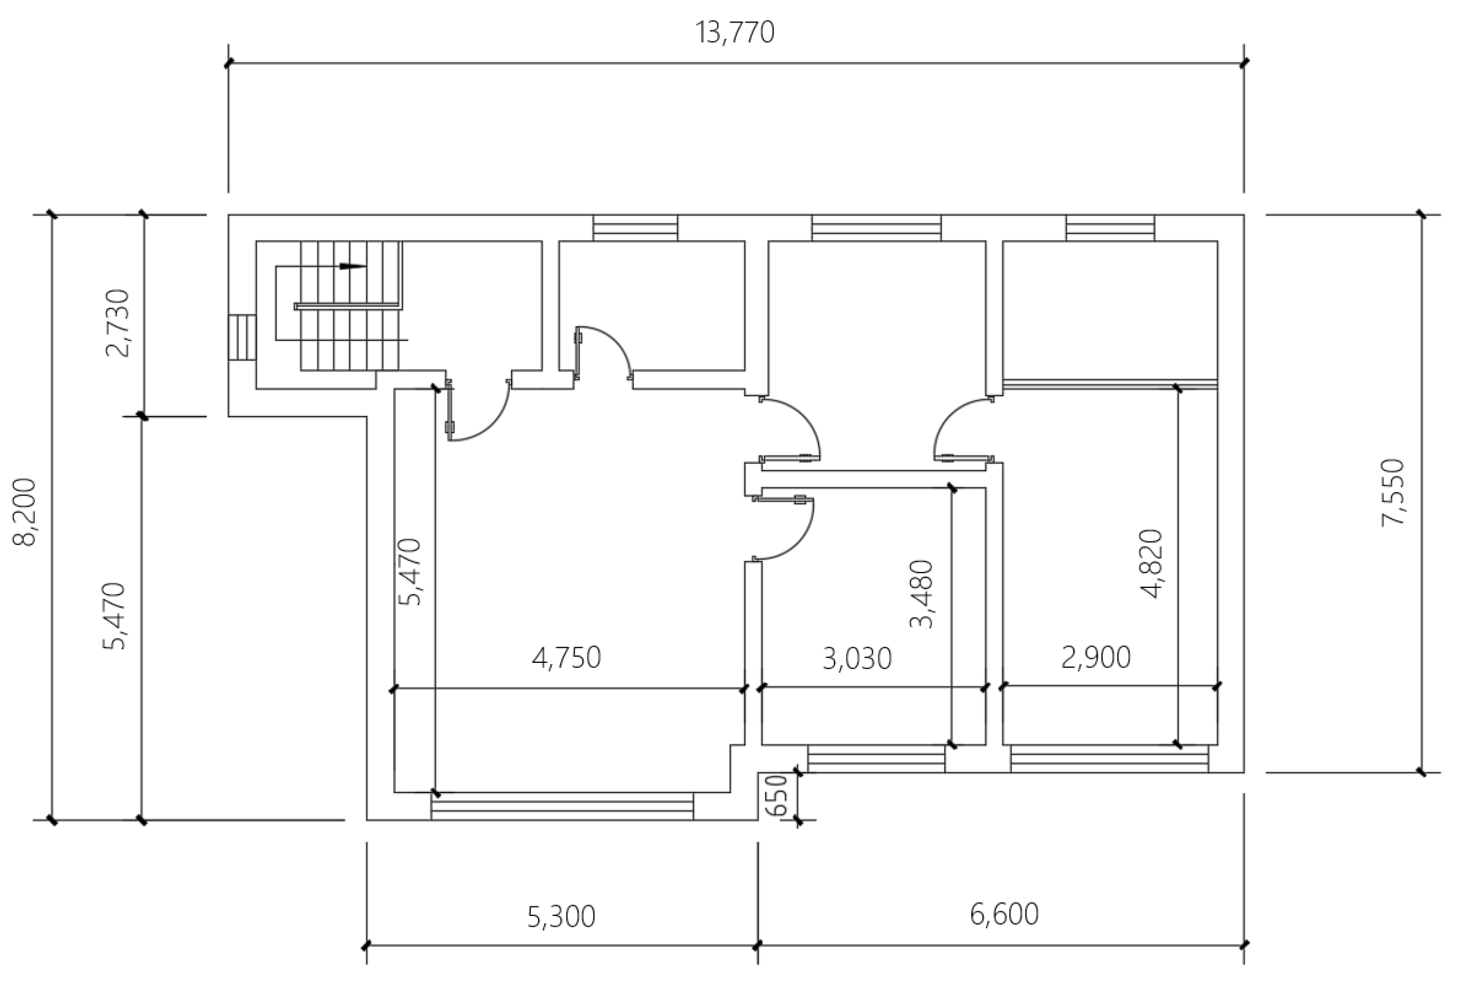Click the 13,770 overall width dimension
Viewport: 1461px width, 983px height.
[735, 33]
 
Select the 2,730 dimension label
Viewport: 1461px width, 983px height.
[118, 323]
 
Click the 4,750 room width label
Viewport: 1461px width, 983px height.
[566, 658]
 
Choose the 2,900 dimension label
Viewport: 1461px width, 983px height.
[1096, 658]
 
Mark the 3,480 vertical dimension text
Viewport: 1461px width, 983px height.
[922, 594]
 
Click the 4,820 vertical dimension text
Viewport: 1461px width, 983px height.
[1152, 564]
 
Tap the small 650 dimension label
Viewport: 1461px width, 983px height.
[778, 795]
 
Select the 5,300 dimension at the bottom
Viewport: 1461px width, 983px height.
[561, 916]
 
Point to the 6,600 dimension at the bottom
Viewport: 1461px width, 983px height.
[1004, 914]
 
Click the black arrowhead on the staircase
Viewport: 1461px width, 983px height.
[353, 267]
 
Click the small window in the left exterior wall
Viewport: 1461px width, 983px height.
[242, 337]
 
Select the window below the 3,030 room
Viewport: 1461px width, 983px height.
[876, 759]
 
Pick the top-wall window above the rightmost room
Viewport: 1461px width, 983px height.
[1110, 228]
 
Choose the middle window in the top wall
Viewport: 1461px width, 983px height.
[876, 228]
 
